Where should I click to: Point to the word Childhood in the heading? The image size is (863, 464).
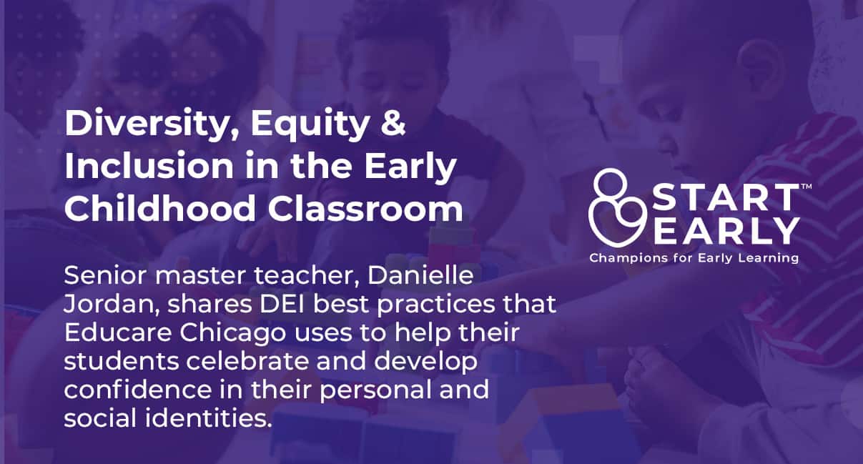click(x=160, y=208)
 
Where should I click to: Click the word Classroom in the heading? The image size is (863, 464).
click(x=365, y=208)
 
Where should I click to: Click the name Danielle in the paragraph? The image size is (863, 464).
click(x=420, y=275)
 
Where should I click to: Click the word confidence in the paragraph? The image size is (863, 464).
click(x=138, y=389)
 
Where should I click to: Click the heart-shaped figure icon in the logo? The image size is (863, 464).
click(x=617, y=207)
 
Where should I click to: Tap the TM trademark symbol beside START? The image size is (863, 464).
click(x=806, y=187)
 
